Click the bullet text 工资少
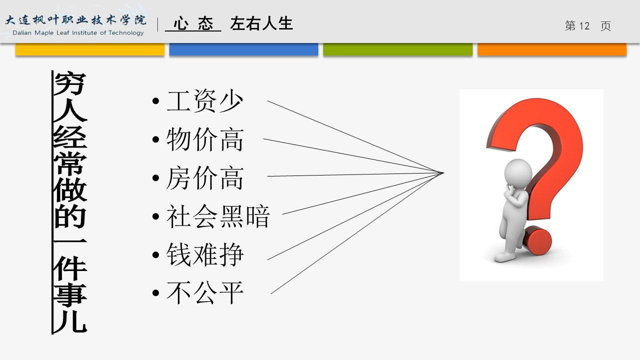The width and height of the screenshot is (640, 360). tap(204, 100)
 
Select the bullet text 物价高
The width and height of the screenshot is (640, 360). tap(204, 139)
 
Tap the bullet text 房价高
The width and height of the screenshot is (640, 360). tap(204, 178)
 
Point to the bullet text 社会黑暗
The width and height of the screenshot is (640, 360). tap(218, 216)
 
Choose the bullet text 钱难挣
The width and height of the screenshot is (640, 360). tap(204, 254)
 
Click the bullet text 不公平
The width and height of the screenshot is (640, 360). tap(204, 293)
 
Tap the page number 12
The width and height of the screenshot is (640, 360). tap(584, 26)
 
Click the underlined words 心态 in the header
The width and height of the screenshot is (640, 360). tap(193, 23)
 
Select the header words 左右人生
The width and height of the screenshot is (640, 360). tap(261, 23)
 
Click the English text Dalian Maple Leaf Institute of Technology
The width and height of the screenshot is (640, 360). tap(78, 33)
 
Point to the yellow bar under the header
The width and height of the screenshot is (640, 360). tap(90, 49)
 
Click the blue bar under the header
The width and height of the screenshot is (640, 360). tap(244, 49)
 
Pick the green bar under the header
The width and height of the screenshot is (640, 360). tap(398, 49)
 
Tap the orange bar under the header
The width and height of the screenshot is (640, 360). tap(552, 49)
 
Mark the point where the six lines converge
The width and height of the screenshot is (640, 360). tap(443, 173)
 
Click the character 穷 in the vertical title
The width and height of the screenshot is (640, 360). tap(70, 83)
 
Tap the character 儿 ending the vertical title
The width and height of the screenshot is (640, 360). tap(70, 320)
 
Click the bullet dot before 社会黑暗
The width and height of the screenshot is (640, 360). tap(156, 216)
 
